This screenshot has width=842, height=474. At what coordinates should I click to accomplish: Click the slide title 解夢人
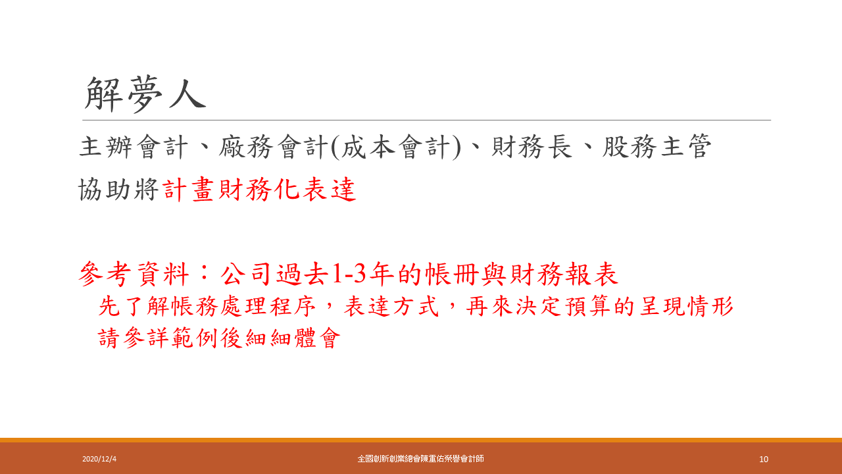[145, 94]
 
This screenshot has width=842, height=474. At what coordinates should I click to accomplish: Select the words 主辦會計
[134, 147]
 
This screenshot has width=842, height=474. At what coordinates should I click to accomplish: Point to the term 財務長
[532, 147]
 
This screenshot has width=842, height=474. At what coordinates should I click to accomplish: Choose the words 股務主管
[656, 147]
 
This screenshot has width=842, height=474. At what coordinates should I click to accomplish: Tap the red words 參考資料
[134, 273]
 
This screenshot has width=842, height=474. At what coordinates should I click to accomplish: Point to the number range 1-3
[349, 273]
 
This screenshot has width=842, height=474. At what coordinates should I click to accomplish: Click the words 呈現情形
[686, 306]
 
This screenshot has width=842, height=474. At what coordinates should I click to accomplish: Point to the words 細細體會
[293, 338]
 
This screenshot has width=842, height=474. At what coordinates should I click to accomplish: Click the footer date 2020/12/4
[99, 459]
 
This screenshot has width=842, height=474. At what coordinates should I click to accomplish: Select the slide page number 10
[764, 459]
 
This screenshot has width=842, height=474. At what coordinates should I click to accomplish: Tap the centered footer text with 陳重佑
[420, 459]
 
